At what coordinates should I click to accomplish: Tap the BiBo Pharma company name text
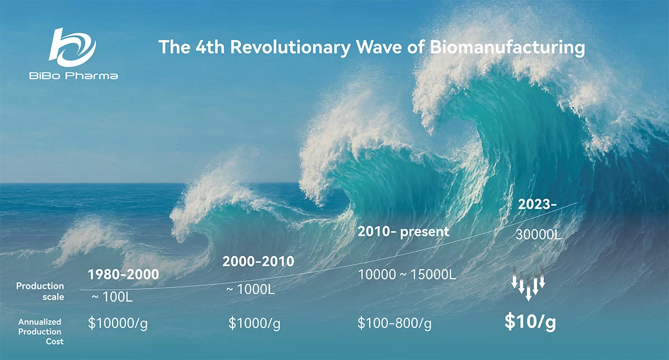(74, 76)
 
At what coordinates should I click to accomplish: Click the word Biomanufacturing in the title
(507, 47)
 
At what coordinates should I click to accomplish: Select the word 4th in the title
(210, 47)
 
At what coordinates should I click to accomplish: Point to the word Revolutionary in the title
(290, 48)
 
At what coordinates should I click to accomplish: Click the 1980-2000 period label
(123, 274)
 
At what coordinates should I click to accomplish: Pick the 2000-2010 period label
(258, 261)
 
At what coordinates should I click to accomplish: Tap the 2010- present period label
(404, 232)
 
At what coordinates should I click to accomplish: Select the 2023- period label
(537, 205)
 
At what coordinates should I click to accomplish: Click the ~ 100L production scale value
(112, 296)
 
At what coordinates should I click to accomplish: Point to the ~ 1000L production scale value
(250, 289)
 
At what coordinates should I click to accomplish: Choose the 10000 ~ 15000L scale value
(407, 275)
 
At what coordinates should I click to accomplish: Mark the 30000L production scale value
(539, 235)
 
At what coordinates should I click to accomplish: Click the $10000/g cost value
(118, 323)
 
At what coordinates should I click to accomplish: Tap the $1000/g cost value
(254, 323)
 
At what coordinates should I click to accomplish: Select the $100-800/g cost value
(395, 323)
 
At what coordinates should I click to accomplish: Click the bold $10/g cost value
(530, 322)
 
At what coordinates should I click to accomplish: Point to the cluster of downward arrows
(529, 283)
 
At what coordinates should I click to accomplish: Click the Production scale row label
(40, 291)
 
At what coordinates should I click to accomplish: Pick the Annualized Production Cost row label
(40, 332)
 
